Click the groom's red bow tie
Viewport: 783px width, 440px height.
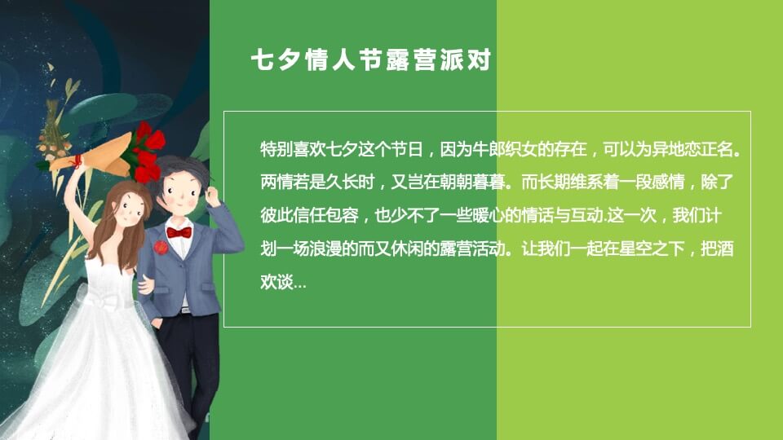point(179,232)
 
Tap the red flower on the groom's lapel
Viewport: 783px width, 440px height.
point(160,247)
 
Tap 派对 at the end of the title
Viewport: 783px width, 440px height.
point(466,62)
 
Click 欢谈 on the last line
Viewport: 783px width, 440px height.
point(275,284)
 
